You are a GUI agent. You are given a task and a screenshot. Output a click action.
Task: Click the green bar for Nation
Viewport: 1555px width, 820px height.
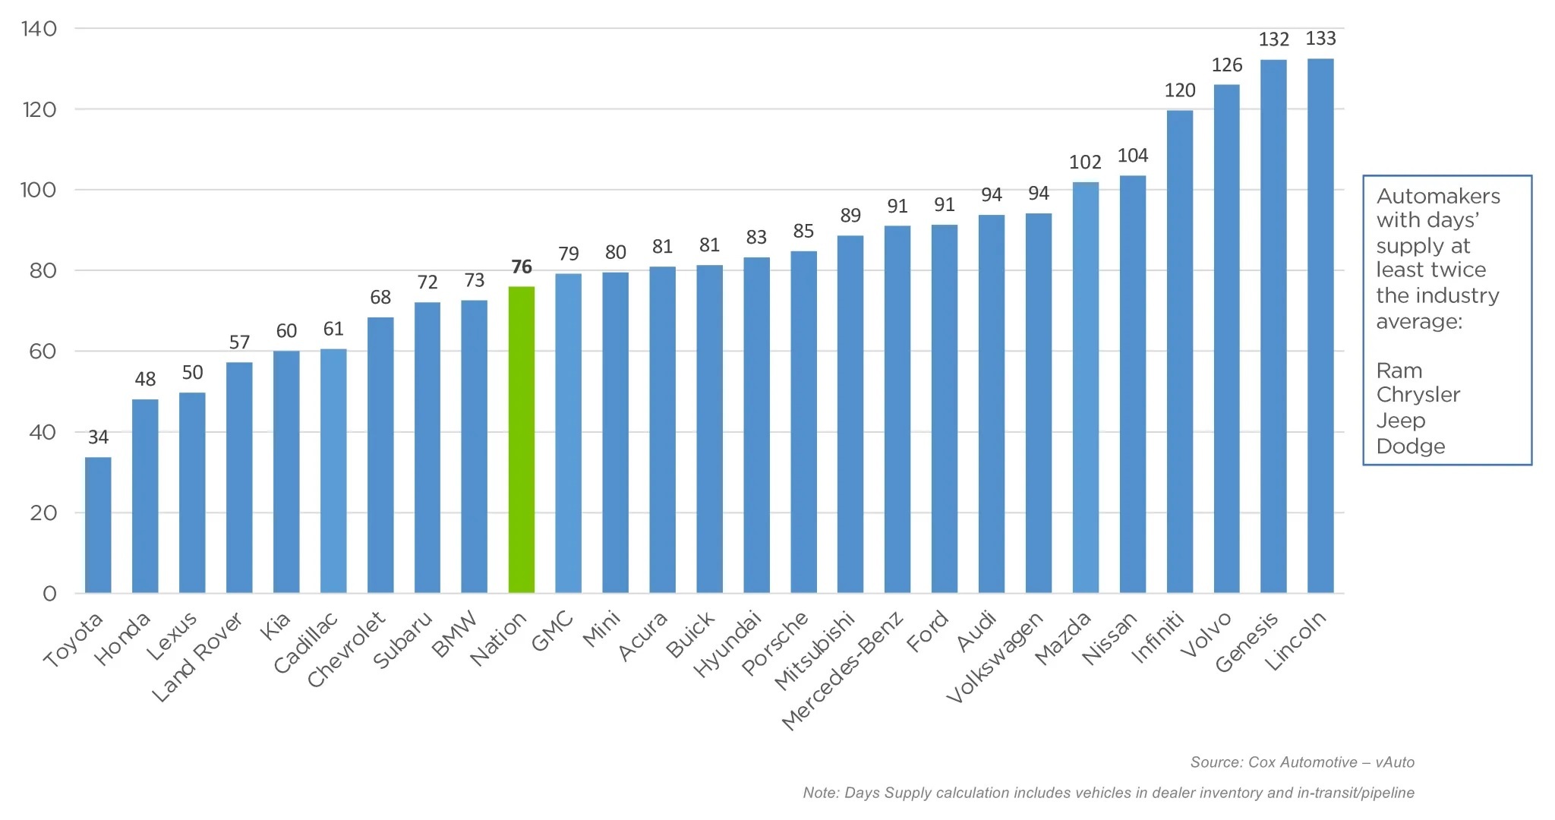[521, 440]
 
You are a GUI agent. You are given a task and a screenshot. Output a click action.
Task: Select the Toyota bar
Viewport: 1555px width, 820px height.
[98, 525]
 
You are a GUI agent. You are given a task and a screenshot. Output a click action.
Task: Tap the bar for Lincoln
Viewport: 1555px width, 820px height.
[1320, 326]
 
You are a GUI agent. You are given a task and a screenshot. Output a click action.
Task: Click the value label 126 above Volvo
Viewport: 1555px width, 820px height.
[1227, 65]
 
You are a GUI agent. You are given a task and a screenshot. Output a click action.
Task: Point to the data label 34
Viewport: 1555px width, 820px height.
[98, 437]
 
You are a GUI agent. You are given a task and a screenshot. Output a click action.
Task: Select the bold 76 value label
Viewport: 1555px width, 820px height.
[522, 267]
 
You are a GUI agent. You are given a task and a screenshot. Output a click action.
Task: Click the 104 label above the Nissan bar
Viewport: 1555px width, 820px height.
[1132, 156]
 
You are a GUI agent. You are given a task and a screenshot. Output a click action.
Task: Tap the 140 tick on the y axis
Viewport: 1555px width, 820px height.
[39, 29]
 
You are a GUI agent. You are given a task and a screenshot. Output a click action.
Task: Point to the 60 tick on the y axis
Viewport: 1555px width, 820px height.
[43, 352]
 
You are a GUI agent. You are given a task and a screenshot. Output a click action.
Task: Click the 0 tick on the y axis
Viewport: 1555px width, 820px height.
[49, 594]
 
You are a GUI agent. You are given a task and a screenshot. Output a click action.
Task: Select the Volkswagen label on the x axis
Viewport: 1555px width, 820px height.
[995, 658]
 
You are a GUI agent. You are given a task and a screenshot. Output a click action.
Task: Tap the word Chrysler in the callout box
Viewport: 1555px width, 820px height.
[1418, 395]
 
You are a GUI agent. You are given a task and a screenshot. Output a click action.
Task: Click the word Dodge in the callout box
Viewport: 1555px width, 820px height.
[1410, 446]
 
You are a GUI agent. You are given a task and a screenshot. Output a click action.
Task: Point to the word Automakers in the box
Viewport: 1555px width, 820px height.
[1438, 197]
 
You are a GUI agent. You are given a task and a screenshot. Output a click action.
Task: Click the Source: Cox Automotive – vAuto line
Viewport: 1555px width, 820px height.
[1301, 762]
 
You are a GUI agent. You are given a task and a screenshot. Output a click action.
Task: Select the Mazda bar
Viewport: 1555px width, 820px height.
[1085, 387]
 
